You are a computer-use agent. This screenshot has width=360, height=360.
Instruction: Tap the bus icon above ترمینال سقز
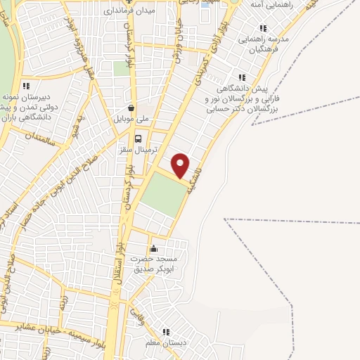(138, 139)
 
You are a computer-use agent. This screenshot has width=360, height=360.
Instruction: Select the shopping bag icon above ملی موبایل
(133, 108)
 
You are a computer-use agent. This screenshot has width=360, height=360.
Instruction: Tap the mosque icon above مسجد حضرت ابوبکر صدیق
(154, 248)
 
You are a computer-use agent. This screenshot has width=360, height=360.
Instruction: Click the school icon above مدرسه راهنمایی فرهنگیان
(263, 28)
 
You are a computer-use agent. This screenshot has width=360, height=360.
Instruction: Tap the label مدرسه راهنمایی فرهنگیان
(264, 44)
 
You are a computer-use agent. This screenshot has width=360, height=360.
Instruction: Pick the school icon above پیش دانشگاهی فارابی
(242, 77)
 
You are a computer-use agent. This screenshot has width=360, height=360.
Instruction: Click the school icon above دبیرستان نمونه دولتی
(26, 85)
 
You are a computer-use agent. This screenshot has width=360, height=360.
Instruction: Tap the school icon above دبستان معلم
(167, 332)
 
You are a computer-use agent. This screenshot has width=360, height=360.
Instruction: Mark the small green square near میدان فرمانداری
(122, 69)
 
